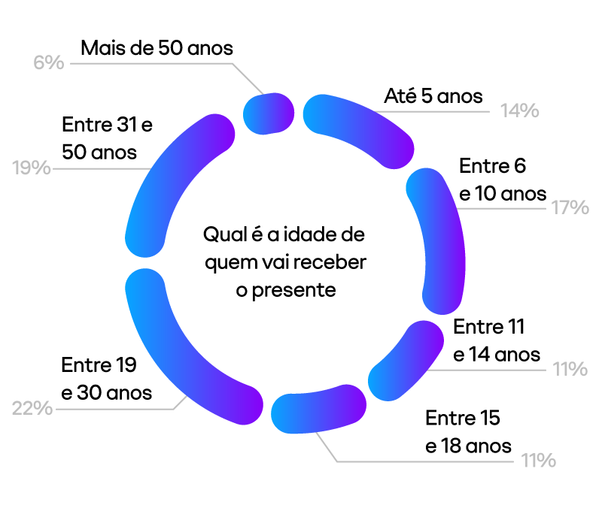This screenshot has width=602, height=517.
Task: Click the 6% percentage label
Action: pyautogui.click(x=49, y=62)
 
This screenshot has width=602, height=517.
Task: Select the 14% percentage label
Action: pyautogui.click(x=519, y=111)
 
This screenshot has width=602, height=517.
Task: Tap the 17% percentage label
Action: pyautogui.click(x=570, y=207)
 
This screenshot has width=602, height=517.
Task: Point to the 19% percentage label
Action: pyautogui.click(x=32, y=168)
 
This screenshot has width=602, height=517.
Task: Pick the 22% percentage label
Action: pyautogui.click(x=32, y=409)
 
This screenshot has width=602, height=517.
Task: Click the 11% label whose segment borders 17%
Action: pyautogui.click(x=569, y=369)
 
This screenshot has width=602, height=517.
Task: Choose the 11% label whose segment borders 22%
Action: pyautogui.click(x=538, y=461)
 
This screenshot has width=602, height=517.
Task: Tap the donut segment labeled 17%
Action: pyautogui.click(x=442, y=240)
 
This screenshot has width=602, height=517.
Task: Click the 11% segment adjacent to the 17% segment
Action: pyautogui.click(x=407, y=361)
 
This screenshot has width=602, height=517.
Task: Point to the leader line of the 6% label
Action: pyautogui.click(x=150, y=64)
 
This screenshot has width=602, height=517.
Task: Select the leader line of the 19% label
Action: pyautogui.click(x=98, y=168)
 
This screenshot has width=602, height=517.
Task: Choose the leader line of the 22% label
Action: pyautogui.click(x=113, y=409)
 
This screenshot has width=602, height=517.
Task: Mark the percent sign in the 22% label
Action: pyautogui.click(x=44, y=409)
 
